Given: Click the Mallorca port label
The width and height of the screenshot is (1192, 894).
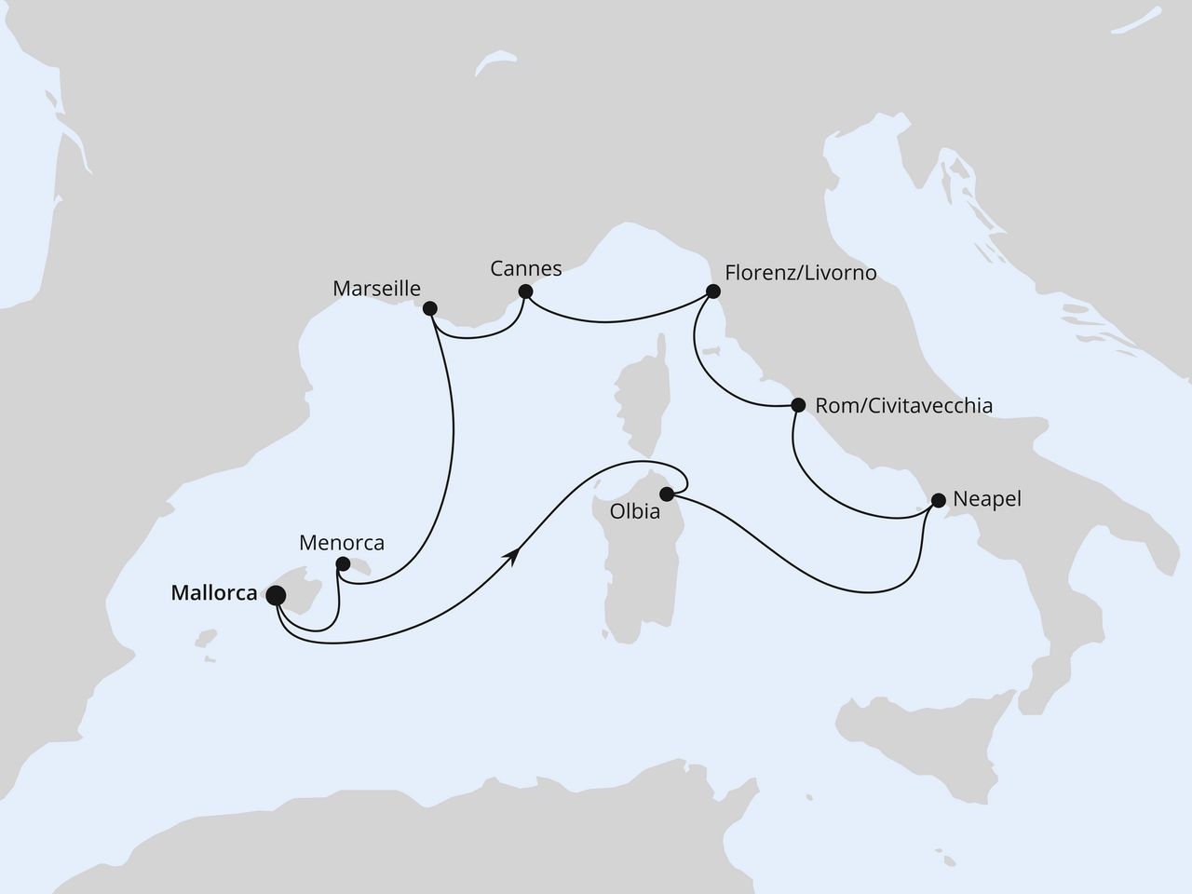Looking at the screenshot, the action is (x=214, y=592).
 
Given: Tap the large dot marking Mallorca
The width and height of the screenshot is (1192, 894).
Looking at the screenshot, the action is (x=277, y=595).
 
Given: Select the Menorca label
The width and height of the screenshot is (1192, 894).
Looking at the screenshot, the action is (x=342, y=542).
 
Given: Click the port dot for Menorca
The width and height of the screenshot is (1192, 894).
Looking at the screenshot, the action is (x=343, y=563).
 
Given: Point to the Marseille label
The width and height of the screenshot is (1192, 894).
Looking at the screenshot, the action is (x=377, y=289).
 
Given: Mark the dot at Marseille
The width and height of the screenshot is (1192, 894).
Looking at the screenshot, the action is (x=429, y=308).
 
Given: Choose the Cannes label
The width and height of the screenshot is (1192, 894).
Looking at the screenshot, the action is (x=526, y=269).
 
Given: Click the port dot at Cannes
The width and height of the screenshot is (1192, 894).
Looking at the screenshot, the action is (x=525, y=291).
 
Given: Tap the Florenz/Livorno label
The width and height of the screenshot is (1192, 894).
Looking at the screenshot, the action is (x=800, y=274).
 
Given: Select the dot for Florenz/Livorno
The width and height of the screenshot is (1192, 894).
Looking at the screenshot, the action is (x=713, y=291).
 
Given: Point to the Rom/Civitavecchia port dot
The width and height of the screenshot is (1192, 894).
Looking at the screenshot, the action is (x=797, y=406).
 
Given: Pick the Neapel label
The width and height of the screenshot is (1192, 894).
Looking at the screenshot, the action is (x=987, y=499).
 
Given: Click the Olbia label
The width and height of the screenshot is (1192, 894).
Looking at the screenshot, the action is (x=630, y=512).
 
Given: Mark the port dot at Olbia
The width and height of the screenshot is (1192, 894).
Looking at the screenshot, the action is (x=667, y=494).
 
